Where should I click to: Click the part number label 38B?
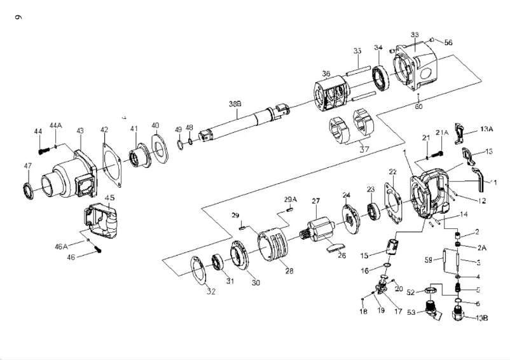point(235,103)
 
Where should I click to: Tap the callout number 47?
point(27,166)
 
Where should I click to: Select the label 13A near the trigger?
point(486,129)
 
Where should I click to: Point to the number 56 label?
point(448,43)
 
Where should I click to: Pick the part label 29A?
point(290,200)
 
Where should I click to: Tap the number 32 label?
point(210,292)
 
